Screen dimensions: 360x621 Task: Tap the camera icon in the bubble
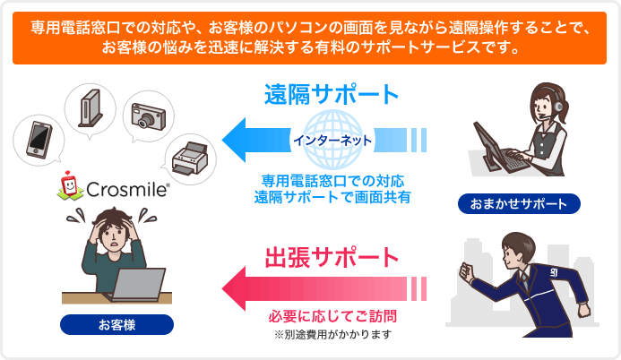tap(147, 114)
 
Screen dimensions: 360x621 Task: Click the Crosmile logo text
tap(125, 189)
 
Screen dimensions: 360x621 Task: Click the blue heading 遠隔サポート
tap(332, 94)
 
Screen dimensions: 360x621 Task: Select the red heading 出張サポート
tap(332, 257)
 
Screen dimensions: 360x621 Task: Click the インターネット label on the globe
tap(332, 141)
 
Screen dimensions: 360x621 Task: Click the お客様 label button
tap(116, 323)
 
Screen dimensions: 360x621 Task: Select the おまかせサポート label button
tap(518, 204)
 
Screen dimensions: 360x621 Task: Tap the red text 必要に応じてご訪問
tap(332, 317)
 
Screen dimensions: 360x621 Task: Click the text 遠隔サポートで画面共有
tap(332, 195)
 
